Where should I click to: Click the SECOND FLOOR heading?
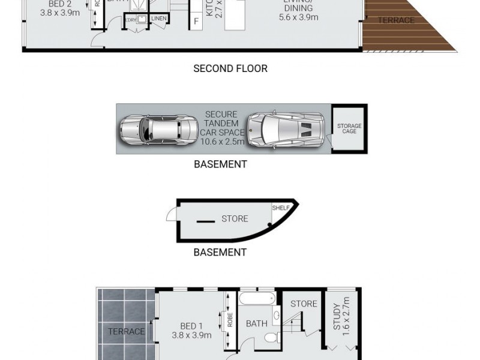pyautogui.click(x=230, y=68)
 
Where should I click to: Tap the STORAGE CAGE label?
pyautogui.click(x=349, y=129)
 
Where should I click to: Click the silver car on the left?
pyautogui.click(x=159, y=129)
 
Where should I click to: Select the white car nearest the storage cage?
pyautogui.click(x=287, y=129)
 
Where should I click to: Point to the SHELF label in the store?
pyautogui.click(x=281, y=208)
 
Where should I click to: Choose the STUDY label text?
pyautogui.click(x=337, y=316)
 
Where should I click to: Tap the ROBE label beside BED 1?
pyautogui.click(x=230, y=320)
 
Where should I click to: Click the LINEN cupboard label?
pyautogui.click(x=159, y=19)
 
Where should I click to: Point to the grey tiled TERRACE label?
pyautogui.click(x=127, y=331)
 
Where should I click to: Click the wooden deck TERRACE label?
pyautogui.click(x=396, y=20)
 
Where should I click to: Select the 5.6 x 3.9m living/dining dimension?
pyautogui.click(x=299, y=17)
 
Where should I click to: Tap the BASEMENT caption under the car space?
pyautogui.click(x=220, y=164)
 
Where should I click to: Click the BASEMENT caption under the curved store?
pyautogui.click(x=220, y=253)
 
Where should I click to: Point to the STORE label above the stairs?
pyautogui.click(x=304, y=304)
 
